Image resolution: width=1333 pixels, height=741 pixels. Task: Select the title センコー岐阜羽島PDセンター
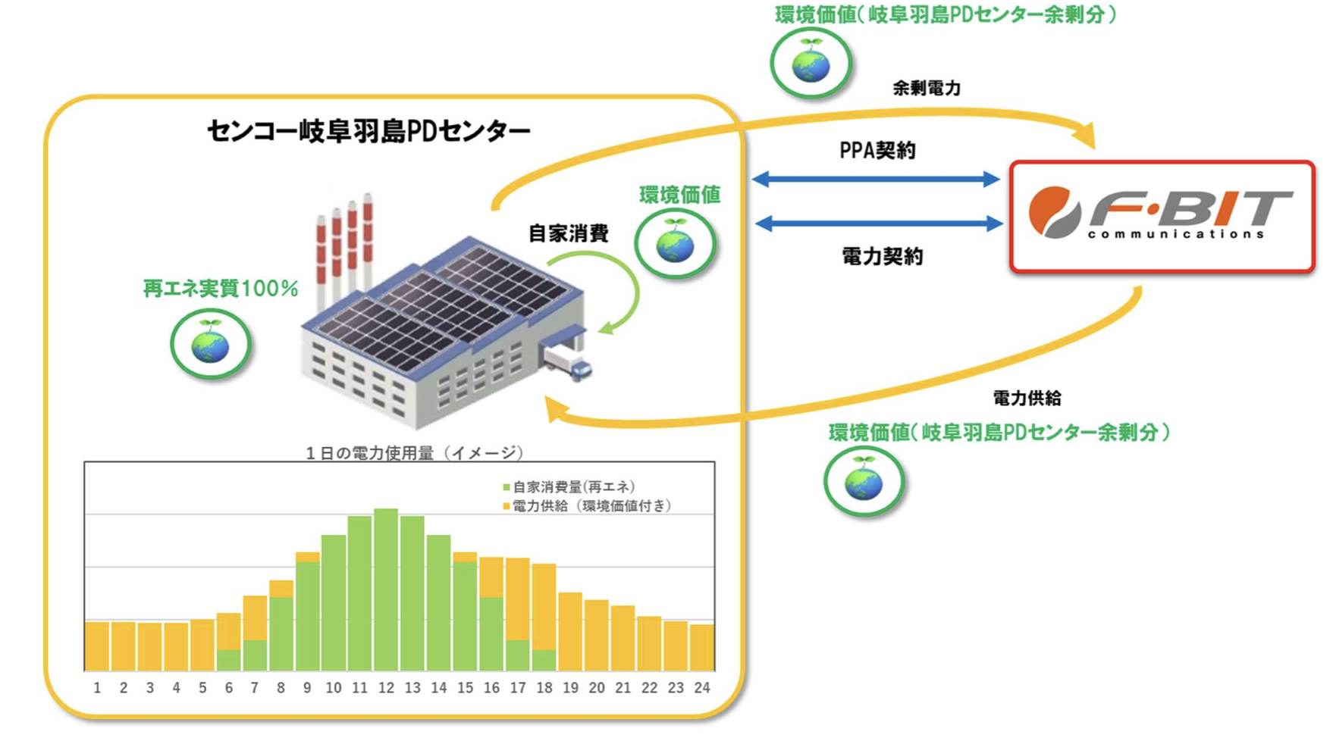369,131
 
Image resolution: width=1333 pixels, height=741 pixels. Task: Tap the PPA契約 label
877,151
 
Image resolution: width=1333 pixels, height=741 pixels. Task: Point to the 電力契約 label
882,257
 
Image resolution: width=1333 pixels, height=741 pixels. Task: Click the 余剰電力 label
926,89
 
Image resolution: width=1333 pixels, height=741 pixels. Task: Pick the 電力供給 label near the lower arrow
1027,398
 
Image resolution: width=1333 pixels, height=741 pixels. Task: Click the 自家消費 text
568,233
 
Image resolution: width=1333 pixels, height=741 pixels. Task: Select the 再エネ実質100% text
220,289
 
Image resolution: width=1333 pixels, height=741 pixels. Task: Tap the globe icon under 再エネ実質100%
210,345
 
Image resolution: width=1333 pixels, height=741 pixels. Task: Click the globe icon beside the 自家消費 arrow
675,244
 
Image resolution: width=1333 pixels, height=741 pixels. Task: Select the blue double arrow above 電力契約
880,224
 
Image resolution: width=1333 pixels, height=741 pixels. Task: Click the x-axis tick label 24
702,688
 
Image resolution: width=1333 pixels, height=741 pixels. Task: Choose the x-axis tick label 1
97,688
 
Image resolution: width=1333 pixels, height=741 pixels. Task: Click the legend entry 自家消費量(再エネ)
569,486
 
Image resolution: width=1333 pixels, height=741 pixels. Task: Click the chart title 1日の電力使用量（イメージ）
414,453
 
